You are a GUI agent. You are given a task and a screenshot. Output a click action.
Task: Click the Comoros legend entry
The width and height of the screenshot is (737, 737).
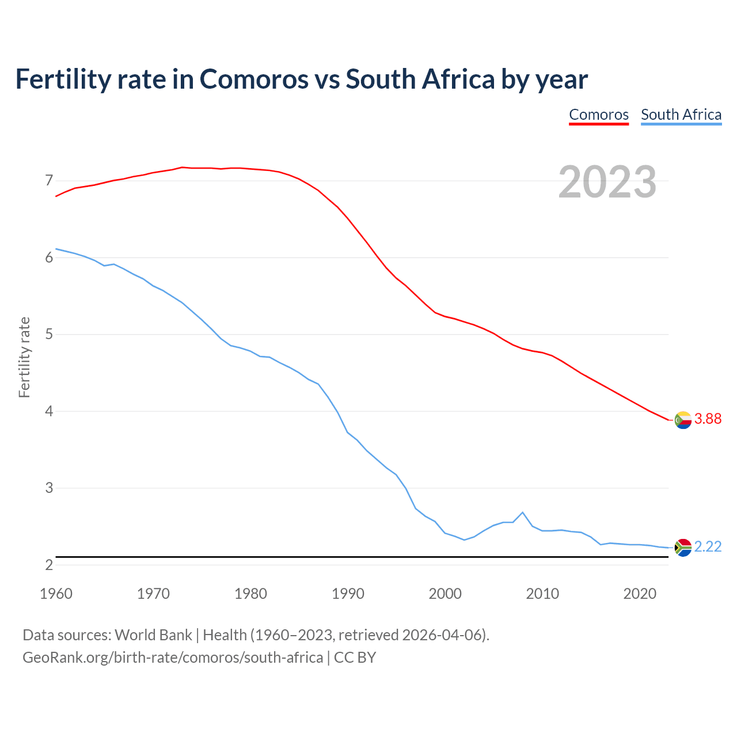[599, 115]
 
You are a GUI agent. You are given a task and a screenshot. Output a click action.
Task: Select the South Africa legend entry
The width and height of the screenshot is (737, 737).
[681, 115]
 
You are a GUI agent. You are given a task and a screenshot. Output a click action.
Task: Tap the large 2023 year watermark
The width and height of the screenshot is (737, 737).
[607, 182]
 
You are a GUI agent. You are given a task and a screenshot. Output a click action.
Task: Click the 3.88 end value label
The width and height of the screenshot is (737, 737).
[708, 419]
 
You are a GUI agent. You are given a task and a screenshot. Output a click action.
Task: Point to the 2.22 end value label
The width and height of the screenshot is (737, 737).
[708, 547]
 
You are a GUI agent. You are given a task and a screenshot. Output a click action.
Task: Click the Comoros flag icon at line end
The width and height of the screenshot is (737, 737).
[683, 420]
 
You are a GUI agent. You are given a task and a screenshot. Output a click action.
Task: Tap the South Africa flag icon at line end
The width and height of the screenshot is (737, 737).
[683, 548]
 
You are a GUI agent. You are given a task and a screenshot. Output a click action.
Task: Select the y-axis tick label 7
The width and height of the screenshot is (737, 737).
[49, 181]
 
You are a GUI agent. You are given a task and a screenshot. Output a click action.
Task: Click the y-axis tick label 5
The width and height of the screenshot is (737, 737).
[49, 335]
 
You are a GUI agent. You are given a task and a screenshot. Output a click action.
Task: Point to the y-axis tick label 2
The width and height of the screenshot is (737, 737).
[49, 565]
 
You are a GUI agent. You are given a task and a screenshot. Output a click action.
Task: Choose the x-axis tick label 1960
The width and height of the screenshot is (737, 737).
[56, 594]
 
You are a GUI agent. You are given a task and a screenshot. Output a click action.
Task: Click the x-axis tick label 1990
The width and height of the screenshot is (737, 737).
[348, 594]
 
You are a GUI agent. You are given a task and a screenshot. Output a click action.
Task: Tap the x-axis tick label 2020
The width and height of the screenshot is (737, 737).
[640, 594]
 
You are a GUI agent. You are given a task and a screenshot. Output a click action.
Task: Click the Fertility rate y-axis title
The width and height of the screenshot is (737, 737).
[24, 357]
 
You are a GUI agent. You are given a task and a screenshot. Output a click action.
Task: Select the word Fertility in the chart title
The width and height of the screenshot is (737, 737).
[62, 79]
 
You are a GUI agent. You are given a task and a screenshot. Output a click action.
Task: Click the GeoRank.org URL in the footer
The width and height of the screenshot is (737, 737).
[173, 658]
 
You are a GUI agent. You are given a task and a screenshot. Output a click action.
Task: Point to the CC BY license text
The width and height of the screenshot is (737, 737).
[355, 658]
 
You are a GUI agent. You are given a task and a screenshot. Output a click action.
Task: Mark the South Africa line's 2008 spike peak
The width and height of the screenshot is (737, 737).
[522, 512]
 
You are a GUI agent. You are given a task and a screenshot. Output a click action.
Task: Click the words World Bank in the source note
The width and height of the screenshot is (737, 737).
[153, 635]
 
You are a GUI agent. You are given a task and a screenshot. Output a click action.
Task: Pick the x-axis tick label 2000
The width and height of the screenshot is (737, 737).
[445, 594]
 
